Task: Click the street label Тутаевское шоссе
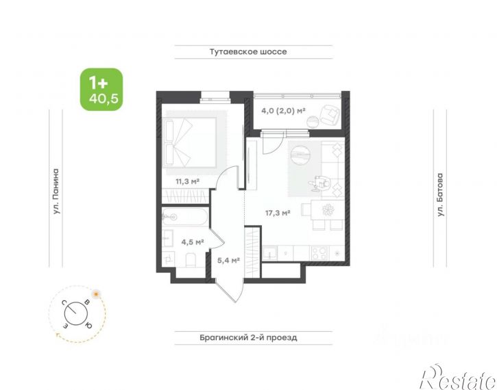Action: pos(248,51)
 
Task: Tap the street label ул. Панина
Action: pos(56,192)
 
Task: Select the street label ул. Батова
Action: pos(439,194)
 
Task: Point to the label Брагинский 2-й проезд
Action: pos(248,337)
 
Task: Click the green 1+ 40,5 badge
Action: pos(101,90)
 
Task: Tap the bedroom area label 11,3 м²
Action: pos(187,181)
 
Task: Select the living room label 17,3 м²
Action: pos(278,213)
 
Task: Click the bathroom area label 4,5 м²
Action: pos(192,242)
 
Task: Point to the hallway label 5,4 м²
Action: pos(228,261)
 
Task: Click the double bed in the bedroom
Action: pos(189,142)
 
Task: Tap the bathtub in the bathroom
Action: pos(185,217)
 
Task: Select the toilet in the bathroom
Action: pos(191,260)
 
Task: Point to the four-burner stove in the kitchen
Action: pos(319,253)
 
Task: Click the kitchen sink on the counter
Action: pos(269,253)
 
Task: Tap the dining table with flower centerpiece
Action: pos(327,210)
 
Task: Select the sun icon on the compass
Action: pos(96,294)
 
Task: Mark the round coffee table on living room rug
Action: pos(300,155)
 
